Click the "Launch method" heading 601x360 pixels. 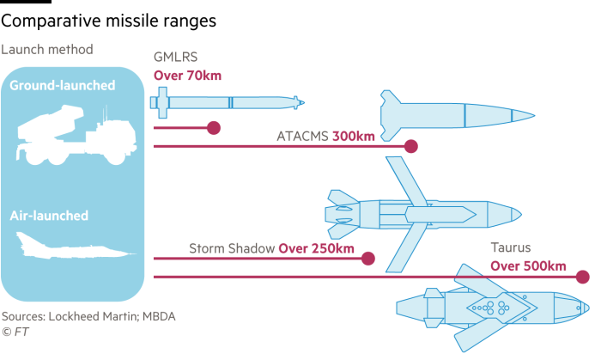tap(46, 50)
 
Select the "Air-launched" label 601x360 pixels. tap(49, 216)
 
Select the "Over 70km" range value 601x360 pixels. tap(187, 76)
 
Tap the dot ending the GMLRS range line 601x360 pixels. tap(214, 128)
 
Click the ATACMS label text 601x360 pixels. tap(302, 137)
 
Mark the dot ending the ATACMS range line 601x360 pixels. tap(411, 146)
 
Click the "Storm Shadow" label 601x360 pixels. tap(232, 249)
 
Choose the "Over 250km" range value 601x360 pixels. tap(316, 249)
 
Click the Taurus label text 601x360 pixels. tap(511, 249)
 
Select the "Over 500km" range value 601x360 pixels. tap(528, 265)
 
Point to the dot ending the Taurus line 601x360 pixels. tap(583, 277)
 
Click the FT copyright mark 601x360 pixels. tap(15, 332)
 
